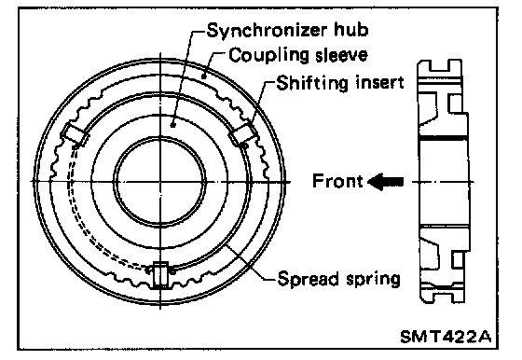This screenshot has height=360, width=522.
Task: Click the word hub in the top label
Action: [x=351, y=30]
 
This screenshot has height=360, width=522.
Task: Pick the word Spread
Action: [x=308, y=279]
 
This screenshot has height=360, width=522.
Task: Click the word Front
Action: [x=337, y=181]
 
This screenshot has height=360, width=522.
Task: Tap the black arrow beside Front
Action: [x=386, y=182]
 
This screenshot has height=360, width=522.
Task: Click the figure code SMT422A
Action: [x=446, y=337]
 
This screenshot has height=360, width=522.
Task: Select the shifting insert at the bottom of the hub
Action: [x=160, y=274]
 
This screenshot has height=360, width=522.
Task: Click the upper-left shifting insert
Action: [x=75, y=134]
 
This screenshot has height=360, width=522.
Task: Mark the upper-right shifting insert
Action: [x=244, y=134]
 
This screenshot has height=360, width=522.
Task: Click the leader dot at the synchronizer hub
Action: [x=172, y=125]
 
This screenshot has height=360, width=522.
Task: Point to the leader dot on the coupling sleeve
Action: [x=204, y=76]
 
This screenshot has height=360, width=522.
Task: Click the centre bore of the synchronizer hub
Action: [x=160, y=182]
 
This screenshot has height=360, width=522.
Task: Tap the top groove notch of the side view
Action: [x=439, y=65]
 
